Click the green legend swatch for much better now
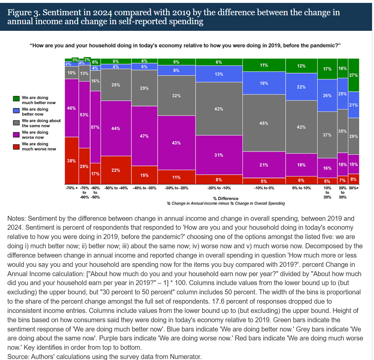[16, 98]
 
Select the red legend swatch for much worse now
[16, 147]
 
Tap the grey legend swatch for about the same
[16, 123]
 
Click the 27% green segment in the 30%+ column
[354, 75]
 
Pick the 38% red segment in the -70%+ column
[71, 161]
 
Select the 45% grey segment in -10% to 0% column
[264, 123]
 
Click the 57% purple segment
[95, 127]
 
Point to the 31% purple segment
[219, 155]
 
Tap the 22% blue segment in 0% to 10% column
[301, 87]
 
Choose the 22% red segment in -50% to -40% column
[116, 170]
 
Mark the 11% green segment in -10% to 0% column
[264, 65]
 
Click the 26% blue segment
[327, 95]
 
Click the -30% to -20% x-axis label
[176, 188]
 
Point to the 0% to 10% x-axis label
[301, 188]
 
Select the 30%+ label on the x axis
[354, 188]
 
